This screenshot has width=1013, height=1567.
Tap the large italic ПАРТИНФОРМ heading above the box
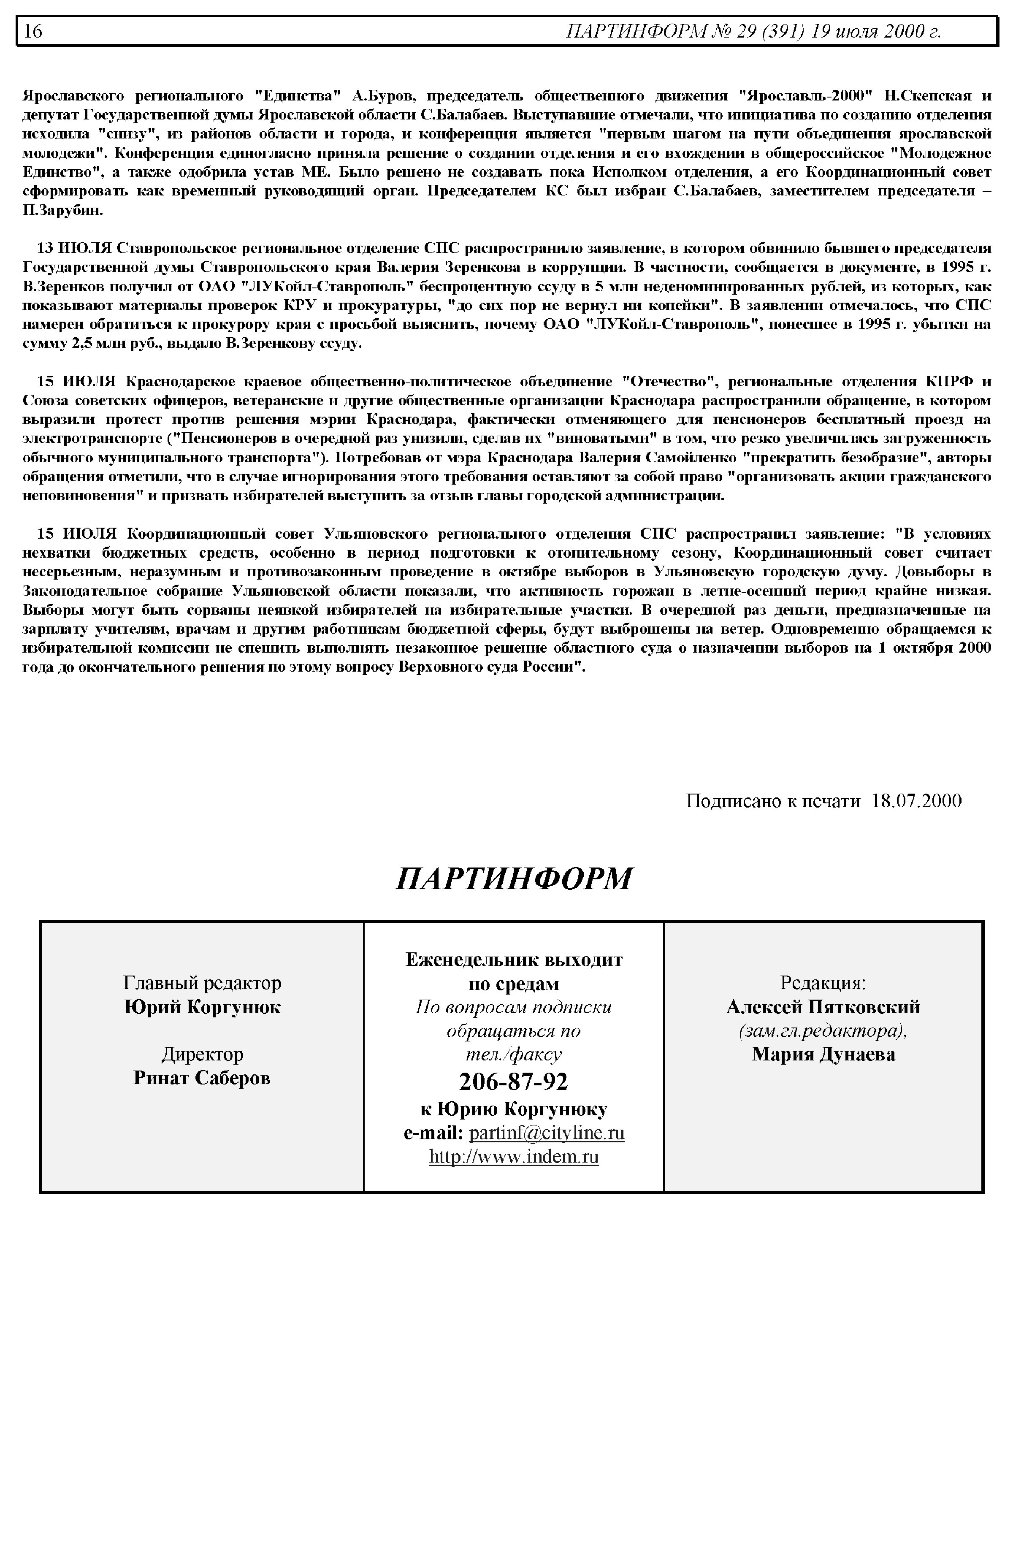(x=514, y=878)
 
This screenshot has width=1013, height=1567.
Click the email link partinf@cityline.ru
(x=547, y=1133)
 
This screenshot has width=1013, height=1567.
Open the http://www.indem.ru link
(x=514, y=1157)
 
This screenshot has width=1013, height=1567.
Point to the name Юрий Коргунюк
(x=202, y=1007)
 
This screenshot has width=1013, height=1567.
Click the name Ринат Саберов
(x=202, y=1078)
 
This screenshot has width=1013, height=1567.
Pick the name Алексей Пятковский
(x=823, y=1007)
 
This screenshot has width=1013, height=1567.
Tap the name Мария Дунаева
(x=823, y=1055)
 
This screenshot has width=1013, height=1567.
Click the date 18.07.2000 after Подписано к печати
(x=916, y=801)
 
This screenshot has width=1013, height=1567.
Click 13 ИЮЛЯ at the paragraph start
(x=74, y=248)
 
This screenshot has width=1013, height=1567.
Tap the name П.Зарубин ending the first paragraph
(x=62, y=211)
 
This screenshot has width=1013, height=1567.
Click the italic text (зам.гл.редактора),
(x=823, y=1031)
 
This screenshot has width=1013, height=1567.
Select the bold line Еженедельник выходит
(x=514, y=960)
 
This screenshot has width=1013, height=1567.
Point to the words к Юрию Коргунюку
(x=514, y=1109)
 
